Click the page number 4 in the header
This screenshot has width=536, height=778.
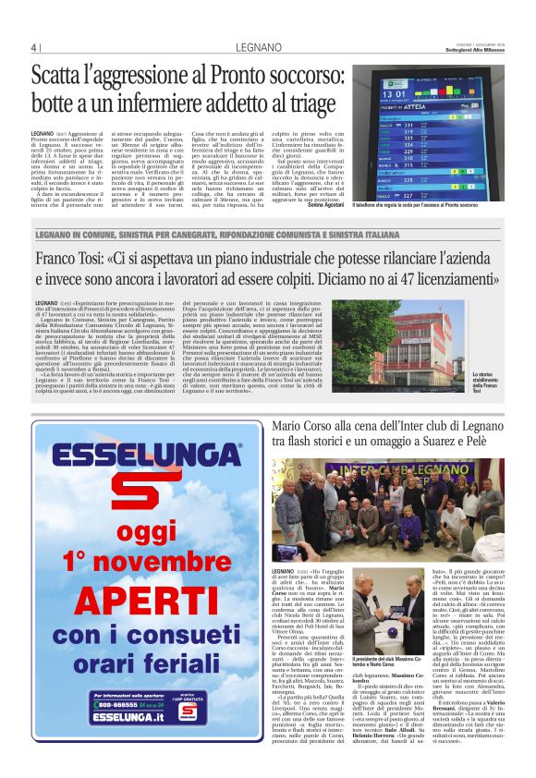pyautogui.click(x=33, y=48)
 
